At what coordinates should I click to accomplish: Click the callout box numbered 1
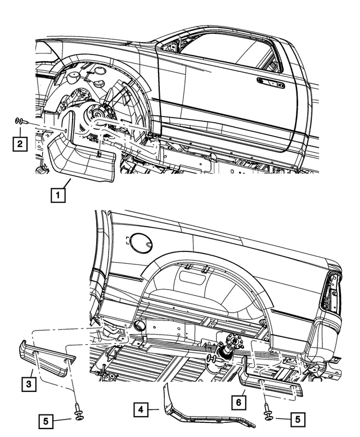click(57, 196)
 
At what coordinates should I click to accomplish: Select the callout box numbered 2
click(20, 145)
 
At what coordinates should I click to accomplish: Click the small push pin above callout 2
click(20, 121)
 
